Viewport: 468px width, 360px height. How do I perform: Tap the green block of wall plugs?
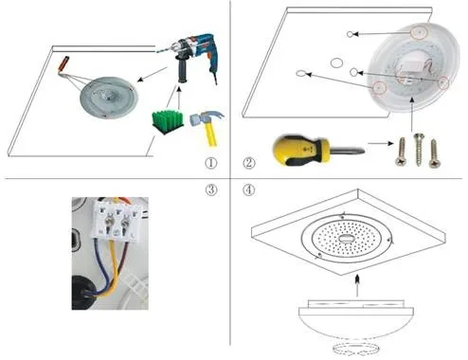click(x=168, y=121)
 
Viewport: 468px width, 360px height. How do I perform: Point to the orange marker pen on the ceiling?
click(x=63, y=64)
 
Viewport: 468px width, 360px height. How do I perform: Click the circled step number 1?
click(x=211, y=163)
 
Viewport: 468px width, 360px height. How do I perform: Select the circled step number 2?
click(x=249, y=163)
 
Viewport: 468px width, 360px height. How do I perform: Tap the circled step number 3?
click(x=211, y=189)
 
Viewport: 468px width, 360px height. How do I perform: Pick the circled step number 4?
click(x=249, y=189)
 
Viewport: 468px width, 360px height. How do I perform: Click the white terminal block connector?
click(x=116, y=220)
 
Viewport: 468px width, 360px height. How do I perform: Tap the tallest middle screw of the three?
click(x=419, y=149)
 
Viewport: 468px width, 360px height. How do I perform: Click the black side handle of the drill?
click(x=182, y=70)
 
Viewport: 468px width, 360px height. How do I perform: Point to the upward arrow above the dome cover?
click(x=357, y=285)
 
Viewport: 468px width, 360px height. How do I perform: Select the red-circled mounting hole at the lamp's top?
click(x=419, y=32)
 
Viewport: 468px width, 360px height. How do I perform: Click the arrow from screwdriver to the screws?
click(x=381, y=143)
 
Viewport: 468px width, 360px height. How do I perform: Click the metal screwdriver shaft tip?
click(x=363, y=151)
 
